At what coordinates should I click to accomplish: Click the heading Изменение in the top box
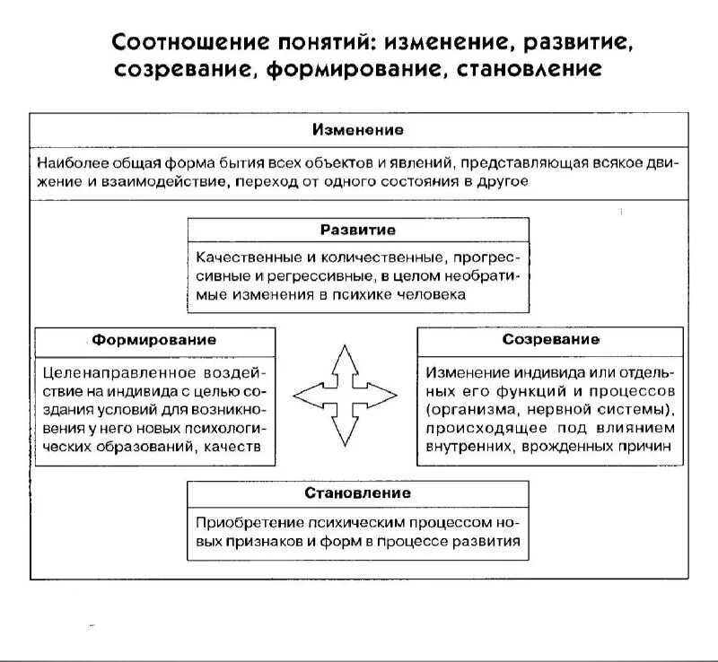[357, 130]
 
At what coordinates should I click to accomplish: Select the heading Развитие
[357, 231]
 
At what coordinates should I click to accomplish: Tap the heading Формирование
[153, 341]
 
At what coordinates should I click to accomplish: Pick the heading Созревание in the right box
[550, 341]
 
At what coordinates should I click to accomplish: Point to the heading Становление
[357, 492]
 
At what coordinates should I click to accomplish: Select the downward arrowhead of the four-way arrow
[345, 435]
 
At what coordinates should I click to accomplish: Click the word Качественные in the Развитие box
[241, 257]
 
